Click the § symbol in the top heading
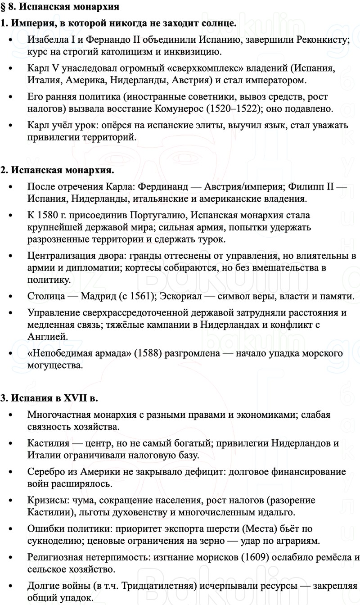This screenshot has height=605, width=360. (x=4, y=7)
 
